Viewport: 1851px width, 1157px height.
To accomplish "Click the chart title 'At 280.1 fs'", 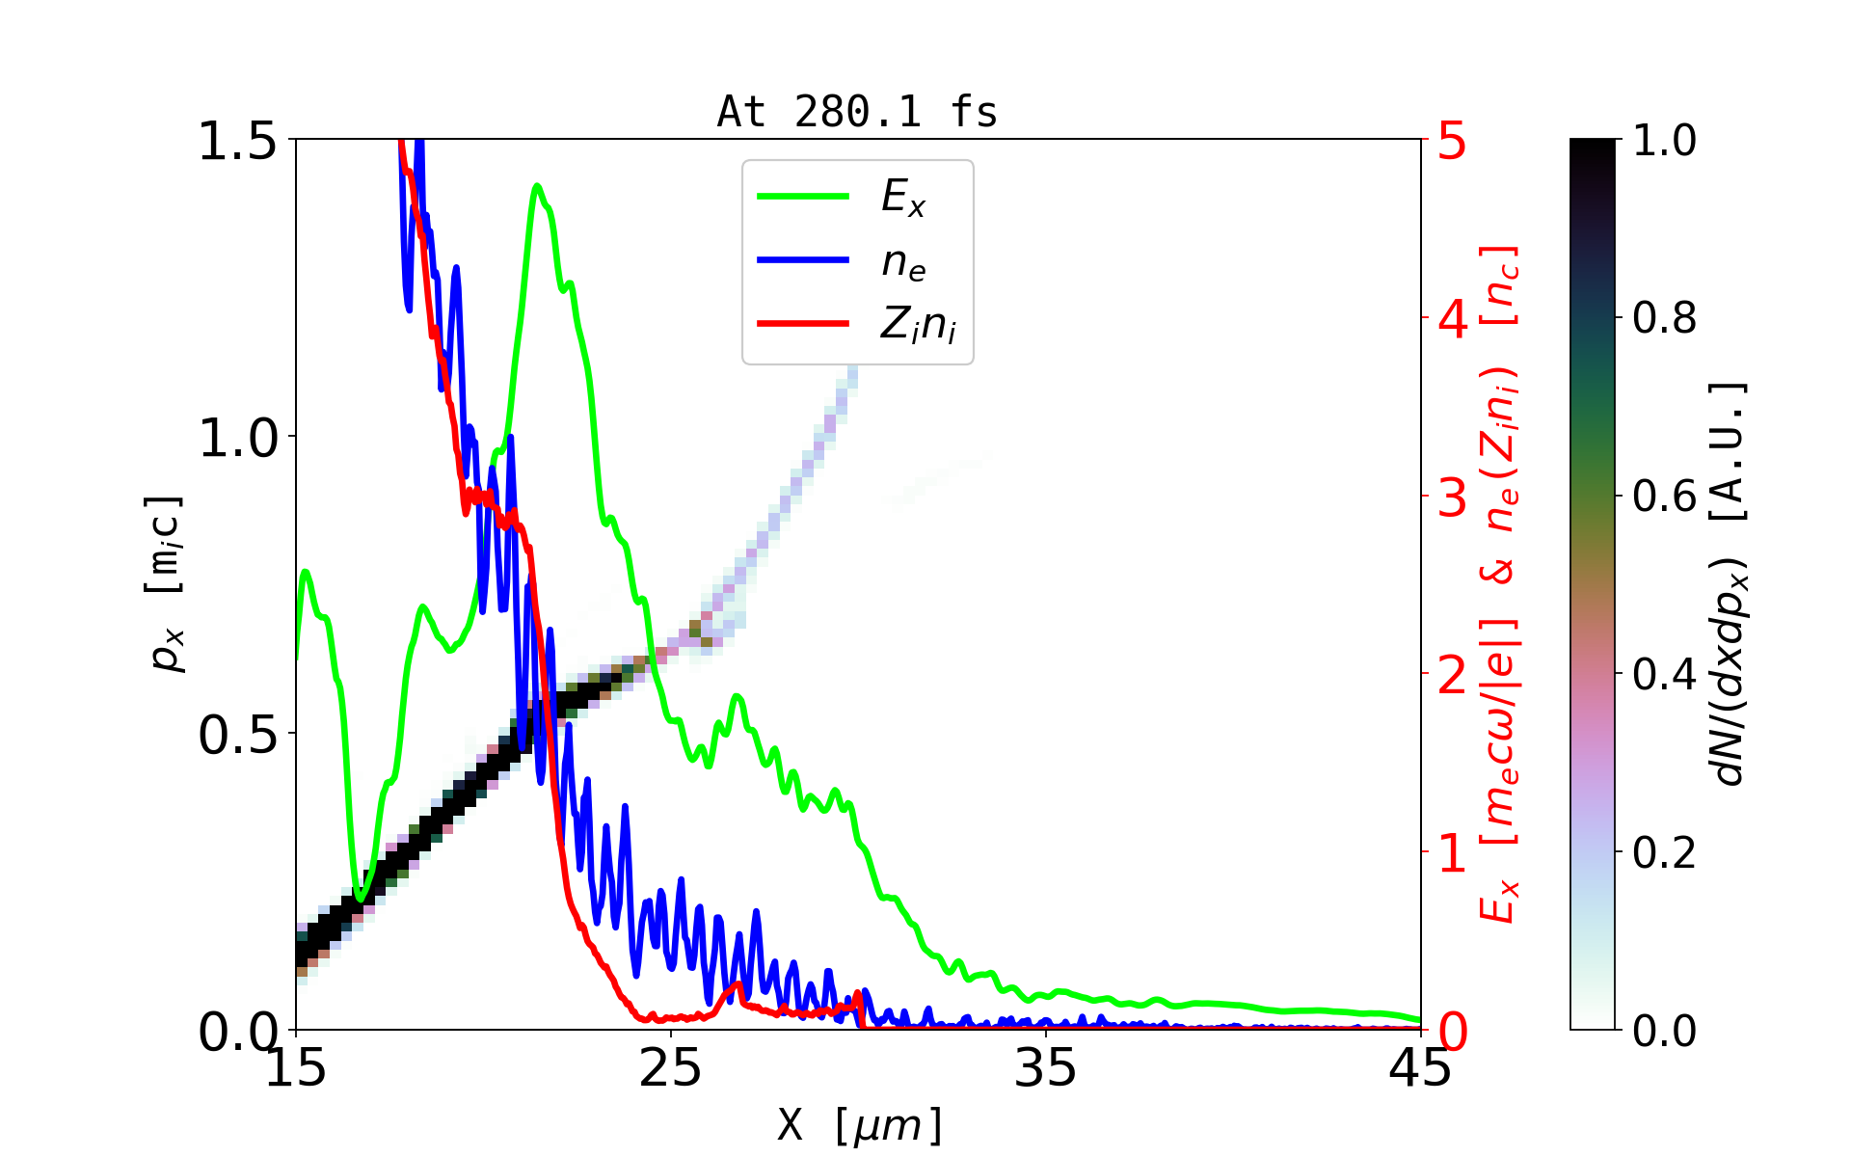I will click(857, 112).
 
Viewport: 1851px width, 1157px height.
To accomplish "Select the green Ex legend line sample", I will click(803, 197).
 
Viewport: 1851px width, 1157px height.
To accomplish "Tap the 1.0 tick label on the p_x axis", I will click(237, 438).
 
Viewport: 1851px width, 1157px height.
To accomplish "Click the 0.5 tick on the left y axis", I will click(237, 735).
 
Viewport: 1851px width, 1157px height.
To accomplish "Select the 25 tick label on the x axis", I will click(671, 1067).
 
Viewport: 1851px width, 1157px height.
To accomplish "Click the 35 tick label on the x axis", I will click(1046, 1067).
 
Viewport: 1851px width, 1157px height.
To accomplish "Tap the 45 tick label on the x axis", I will click(1421, 1067).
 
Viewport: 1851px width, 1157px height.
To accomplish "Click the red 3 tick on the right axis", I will click(1453, 498).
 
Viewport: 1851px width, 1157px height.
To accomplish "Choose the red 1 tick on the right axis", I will click(1453, 853).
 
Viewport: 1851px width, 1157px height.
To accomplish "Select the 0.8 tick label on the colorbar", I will click(1665, 317).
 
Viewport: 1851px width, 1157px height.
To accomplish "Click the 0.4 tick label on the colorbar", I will click(1665, 674).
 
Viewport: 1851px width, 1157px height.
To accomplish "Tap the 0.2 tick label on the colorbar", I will click(1665, 852).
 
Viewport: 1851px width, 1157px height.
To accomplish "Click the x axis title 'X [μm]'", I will click(860, 1124).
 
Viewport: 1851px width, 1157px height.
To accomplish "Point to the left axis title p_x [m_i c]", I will click(165, 583).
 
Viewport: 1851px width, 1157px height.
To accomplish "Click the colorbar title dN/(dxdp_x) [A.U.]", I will click(1731, 583).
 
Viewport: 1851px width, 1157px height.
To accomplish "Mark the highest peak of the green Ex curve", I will click(537, 186).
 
